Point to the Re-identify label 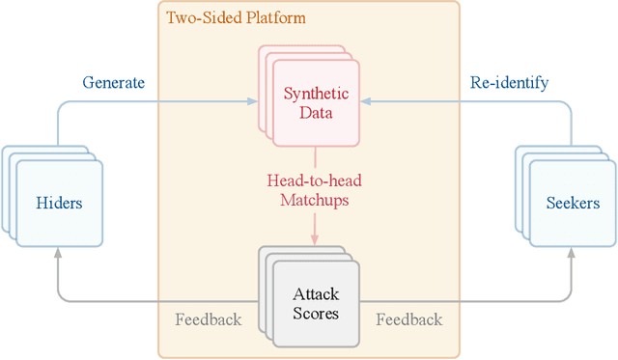pyautogui.click(x=509, y=82)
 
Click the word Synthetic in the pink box pyautogui.click(x=316, y=94)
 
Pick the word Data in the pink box pyautogui.click(x=316, y=113)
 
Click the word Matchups pyautogui.click(x=316, y=202)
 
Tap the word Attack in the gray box pyautogui.click(x=316, y=293)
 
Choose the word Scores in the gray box pyautogui.click(x=316, y=313)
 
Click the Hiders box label pyautogui.click(x=59, y=203)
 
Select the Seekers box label pyautogui.click(x=573, y=203)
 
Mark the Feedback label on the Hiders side pyautogui.click(x=208, y=319)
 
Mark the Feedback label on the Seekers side pyautogui.click(x=408, y=319)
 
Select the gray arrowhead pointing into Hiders pyautogui.click(x=58, y=251)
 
